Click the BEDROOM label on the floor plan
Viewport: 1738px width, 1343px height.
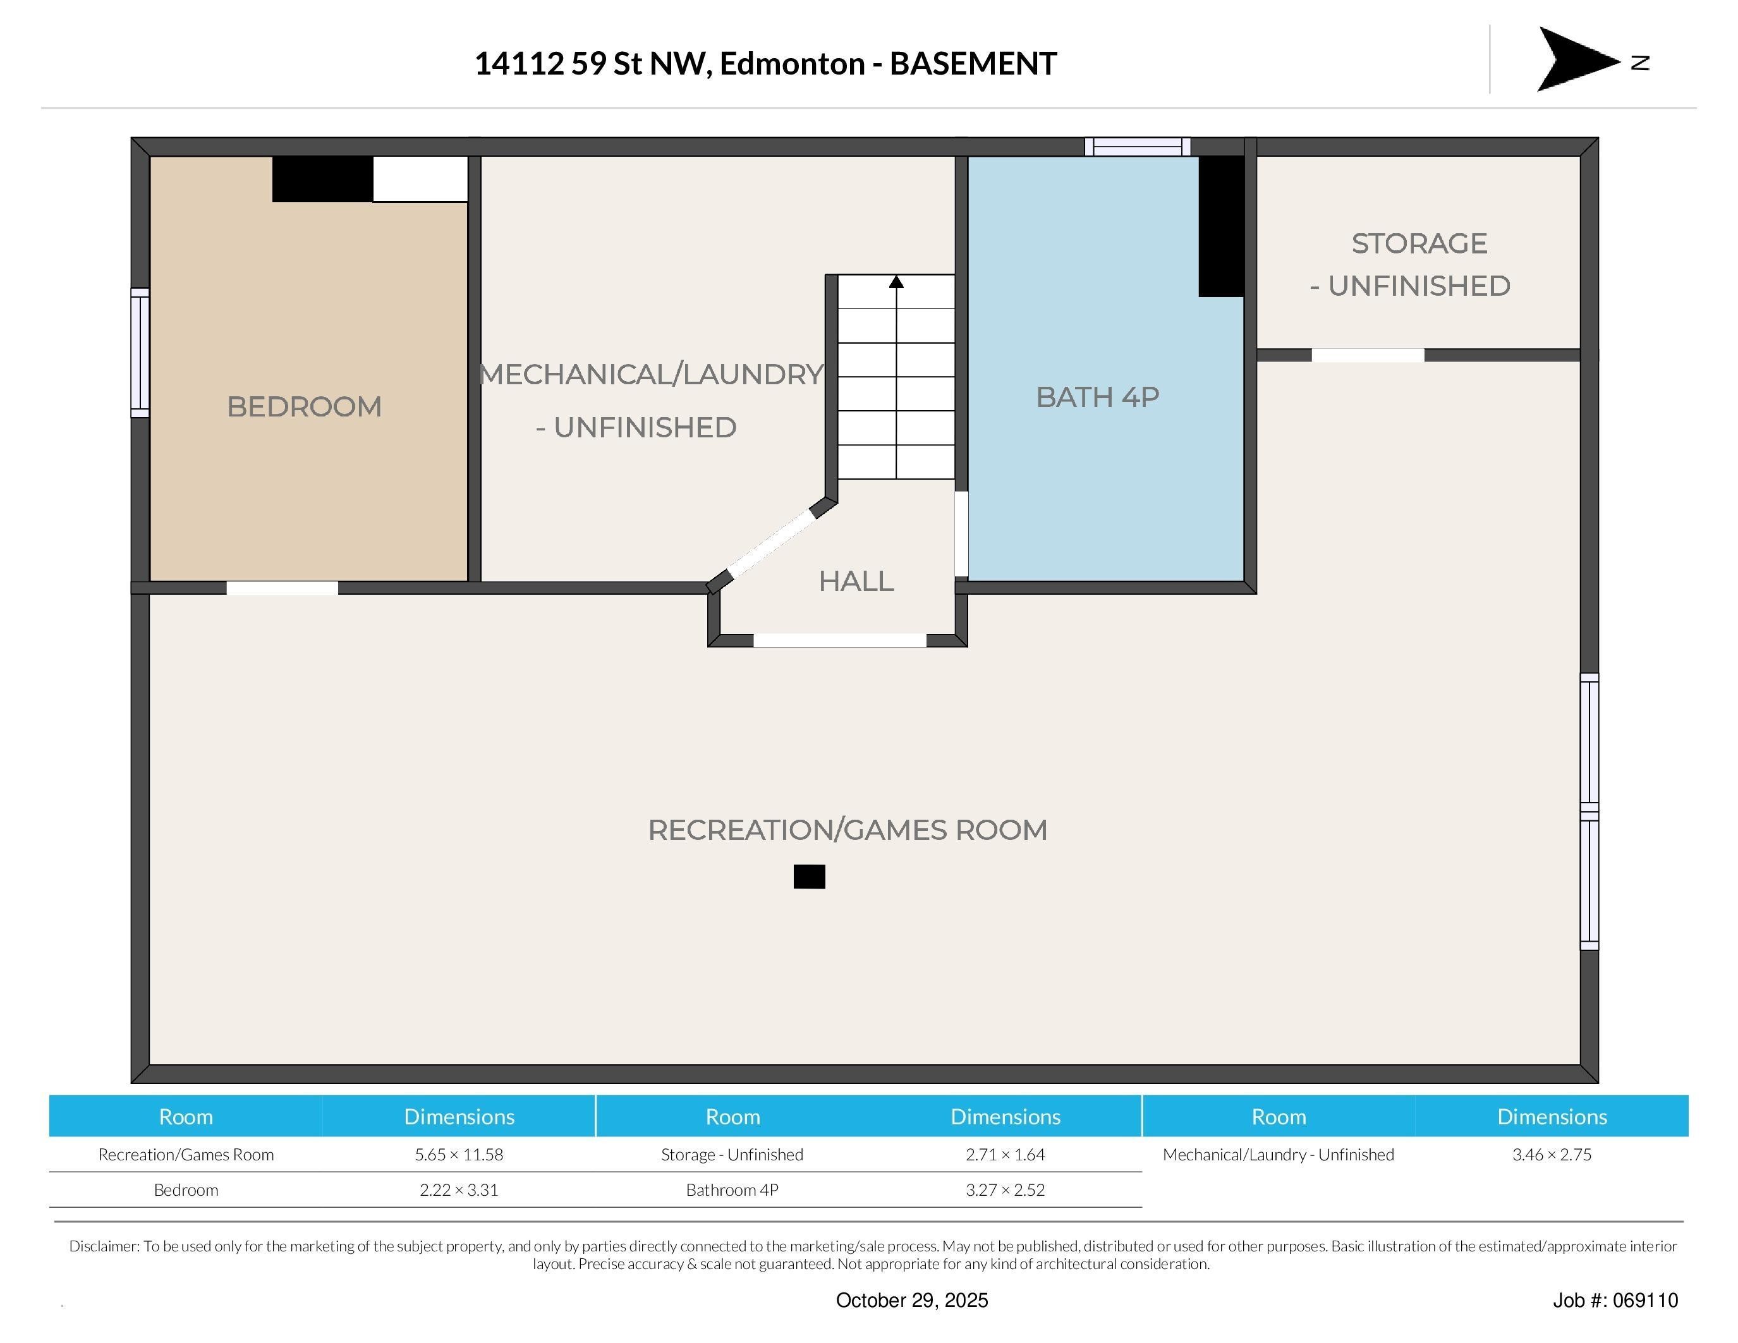(304, 406)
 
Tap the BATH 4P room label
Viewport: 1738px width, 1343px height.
(1097, 397)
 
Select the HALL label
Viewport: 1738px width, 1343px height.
(856, 581)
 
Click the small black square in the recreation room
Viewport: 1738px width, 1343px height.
(810, 877)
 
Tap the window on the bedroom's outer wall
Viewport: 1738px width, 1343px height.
(140, 353)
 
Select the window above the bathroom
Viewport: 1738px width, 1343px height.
(1137, 147)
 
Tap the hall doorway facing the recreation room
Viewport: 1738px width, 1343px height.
(839, 640)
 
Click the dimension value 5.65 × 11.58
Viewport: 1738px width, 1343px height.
(459, 1155)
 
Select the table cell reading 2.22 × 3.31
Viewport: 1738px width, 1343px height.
(459, 1190)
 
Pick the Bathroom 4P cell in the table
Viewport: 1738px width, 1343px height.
(732, 1190)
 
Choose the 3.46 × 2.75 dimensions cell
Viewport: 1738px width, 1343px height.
(1552, 1155)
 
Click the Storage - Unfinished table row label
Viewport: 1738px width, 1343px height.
(732, 1155)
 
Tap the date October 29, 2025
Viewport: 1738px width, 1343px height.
(912, 1300)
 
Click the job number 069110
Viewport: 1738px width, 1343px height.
(1646, 1300)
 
